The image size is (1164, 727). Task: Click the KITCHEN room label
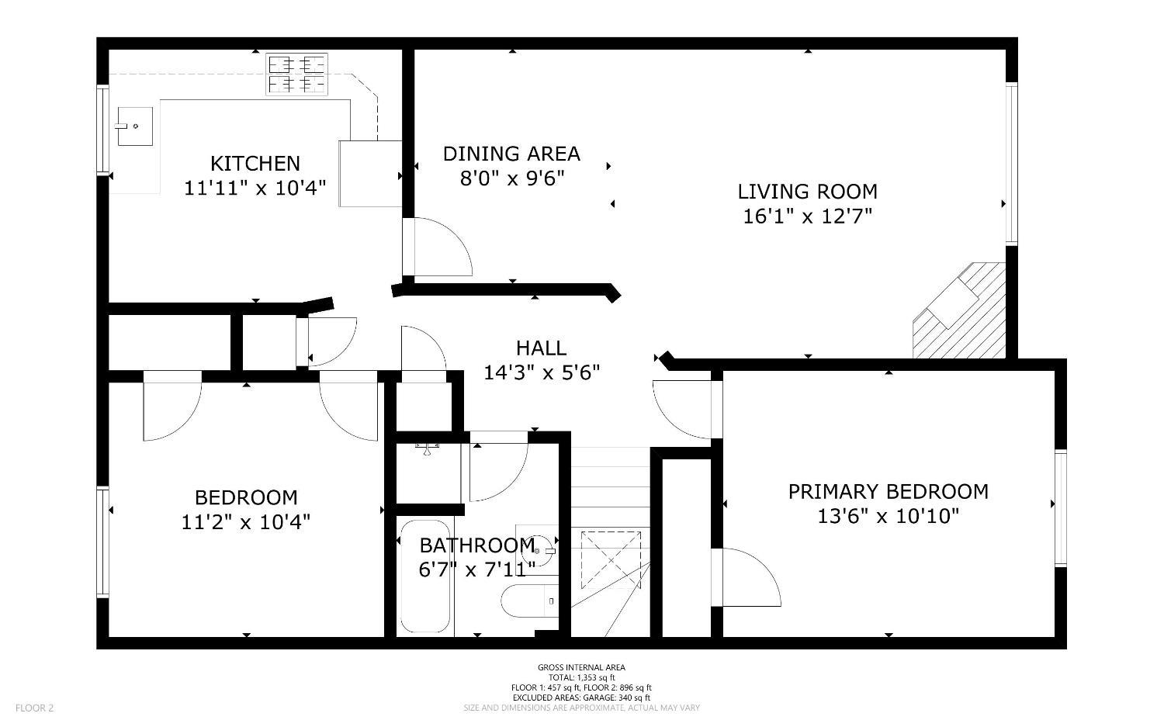[x=255, y=163]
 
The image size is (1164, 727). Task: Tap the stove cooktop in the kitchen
[x=296, y=74]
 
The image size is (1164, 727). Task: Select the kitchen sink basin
[x=135, y=126]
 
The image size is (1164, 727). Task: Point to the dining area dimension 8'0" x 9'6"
[x=512, y=178]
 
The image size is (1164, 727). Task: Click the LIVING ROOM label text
[x=808, y=191]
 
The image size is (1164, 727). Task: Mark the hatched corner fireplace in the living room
[x=959, y=310]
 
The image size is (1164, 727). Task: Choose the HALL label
[x=541, y=348]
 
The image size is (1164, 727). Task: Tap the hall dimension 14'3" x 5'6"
[x=542, y=372]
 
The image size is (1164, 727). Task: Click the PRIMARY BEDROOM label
[x=888, y=491]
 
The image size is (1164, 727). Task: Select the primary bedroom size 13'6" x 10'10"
[x=888, y=516]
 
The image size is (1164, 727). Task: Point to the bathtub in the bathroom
[x=425, y=576]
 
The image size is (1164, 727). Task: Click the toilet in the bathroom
[x=530, y=601]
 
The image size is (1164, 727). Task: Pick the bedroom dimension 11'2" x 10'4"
[x=245, y=521]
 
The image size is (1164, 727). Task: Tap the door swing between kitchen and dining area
[x=438, y=246]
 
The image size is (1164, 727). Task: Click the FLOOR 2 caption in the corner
[x=34, y=708]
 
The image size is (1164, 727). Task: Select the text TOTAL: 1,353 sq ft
[x=581, y=677]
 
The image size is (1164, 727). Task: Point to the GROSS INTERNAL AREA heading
[x=581, y=667]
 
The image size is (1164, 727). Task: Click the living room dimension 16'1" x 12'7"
[x=807, y=216]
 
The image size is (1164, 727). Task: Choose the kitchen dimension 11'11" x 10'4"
[x=255, y=188]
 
